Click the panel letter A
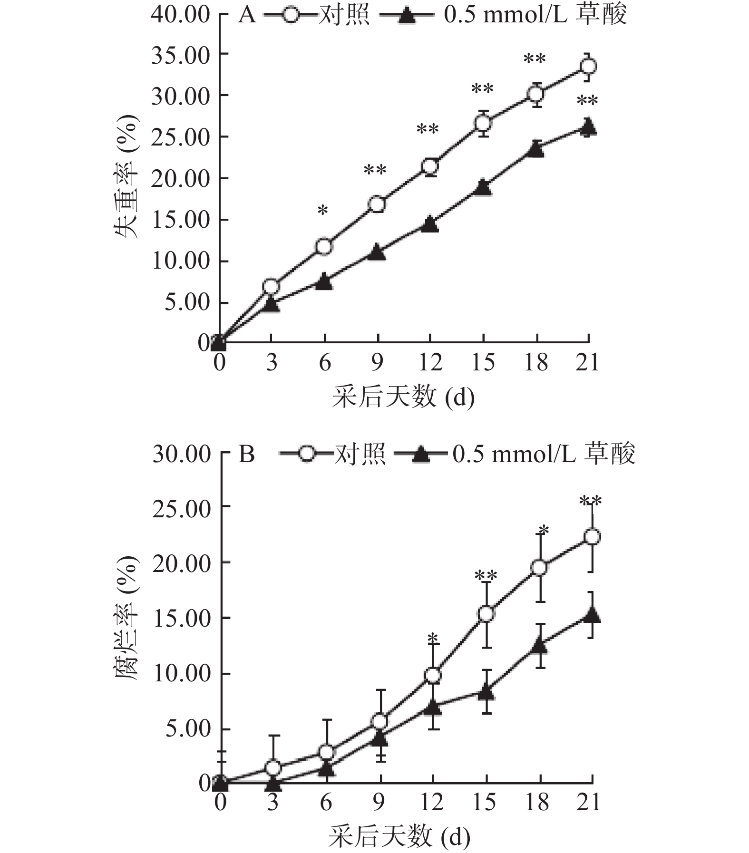(247, 15)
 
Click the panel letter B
(247, 454)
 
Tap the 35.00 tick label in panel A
(181, 56)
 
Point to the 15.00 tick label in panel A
(181, 220)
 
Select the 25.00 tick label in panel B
(182, 509)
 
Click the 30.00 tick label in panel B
(182, 454)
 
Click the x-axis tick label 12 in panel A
(430, 363)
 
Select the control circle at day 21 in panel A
(589, 67)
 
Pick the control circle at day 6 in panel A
(324, 247)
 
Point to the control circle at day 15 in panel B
(486, 614)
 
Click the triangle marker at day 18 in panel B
(539, 645)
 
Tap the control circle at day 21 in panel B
(592, 537)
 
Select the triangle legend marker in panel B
(420, 455)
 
